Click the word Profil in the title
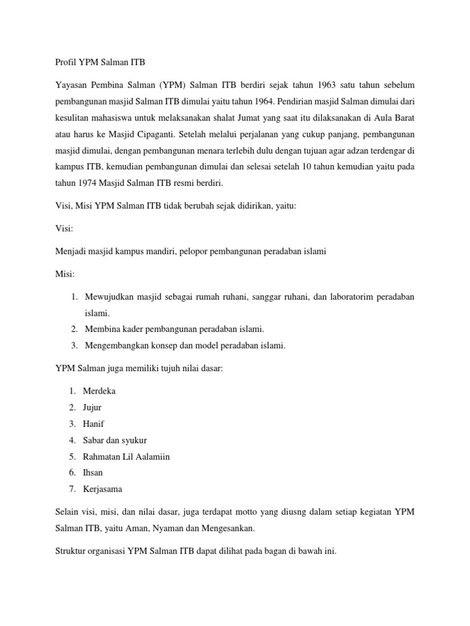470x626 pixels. pos(59,62)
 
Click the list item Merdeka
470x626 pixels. pos(100,391)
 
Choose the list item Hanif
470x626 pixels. pos(94,423)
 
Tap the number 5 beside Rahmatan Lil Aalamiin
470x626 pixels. pos(72,456)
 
